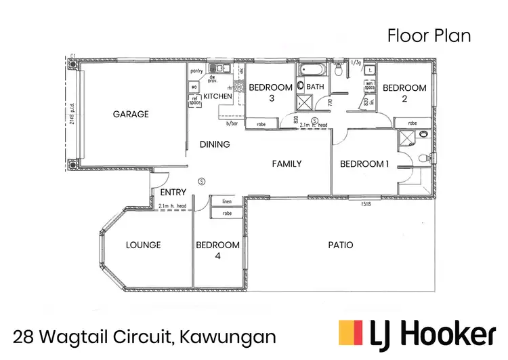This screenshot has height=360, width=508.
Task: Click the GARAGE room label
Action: [x=131, y=115]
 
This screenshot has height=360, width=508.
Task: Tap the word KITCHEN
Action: [x=218, y=98]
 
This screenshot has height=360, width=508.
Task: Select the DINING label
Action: [x=215, y=144]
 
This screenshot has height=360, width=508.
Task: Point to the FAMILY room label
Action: [x=287, y=164]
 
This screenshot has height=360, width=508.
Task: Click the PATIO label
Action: [x=340, y=245]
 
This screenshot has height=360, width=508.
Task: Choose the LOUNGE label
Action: [x=143, y=245]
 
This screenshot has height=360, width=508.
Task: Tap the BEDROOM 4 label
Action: [x=217, y=249]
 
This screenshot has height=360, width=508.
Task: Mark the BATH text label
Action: [x=316, y=87]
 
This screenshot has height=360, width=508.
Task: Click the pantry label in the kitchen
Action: [x=197, y=70]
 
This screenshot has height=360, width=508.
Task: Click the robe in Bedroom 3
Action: [x=261, y=123]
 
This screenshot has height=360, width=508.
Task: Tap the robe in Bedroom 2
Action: [x=413, y=123]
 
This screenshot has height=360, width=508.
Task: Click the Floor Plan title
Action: [x=429, y=36]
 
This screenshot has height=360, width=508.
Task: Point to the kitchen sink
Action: [x=221, y=69]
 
